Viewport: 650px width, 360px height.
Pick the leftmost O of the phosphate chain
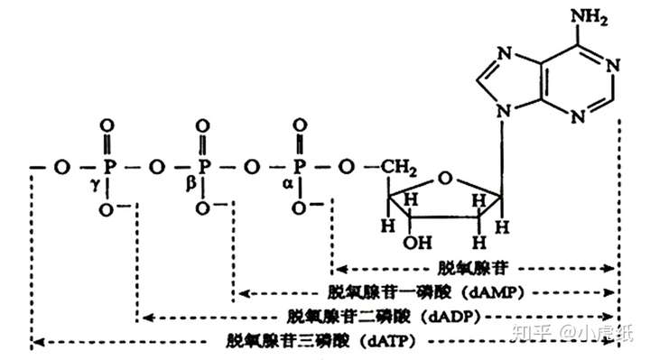click(60, 167)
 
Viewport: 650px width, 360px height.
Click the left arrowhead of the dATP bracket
click(34, 342)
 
